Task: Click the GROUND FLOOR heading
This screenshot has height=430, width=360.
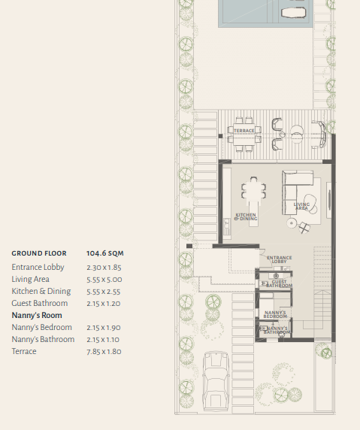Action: click(x=39, y=253)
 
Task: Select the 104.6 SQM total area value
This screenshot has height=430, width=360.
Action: click(x=105, y=253)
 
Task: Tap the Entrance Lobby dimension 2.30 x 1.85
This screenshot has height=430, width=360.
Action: click(x=104, y=268)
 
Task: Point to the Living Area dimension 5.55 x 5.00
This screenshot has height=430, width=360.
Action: click(x=104, y=280)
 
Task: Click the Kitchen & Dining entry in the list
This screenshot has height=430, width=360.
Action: click(x=41, y=291)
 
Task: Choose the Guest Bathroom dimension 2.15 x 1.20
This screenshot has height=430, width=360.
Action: click(x=104, y=304)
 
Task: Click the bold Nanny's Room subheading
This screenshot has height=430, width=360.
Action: click(x=37, y=316)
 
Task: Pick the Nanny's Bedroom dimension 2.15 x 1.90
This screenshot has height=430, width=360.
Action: click(x=104, y=328)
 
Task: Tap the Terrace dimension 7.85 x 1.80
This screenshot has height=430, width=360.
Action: click(x=104, y=352)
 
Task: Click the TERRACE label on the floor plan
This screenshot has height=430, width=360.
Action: click(x=244, y=131)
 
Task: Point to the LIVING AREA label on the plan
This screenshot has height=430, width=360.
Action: click(x=301, y=206)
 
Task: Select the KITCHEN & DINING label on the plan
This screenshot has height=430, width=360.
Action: click(x=246, y=217)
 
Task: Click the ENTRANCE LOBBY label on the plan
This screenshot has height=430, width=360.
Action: click(x=279, y=259)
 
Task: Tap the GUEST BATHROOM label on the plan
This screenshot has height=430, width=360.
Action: click(x=279, y=283)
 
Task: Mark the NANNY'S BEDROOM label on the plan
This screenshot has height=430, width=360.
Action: click(x=275, y=314)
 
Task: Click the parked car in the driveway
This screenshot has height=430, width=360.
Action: click(x=216, y=381)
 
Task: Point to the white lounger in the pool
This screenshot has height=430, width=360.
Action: click(x=293, y=14)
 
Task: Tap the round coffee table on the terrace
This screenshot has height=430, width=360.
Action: click(x=297, y=135)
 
